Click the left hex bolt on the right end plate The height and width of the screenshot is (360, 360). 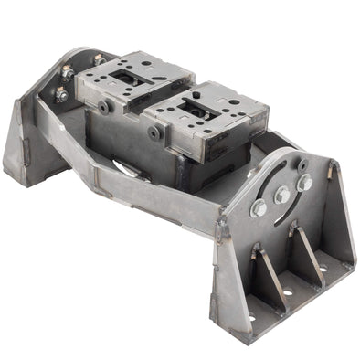[259, 209]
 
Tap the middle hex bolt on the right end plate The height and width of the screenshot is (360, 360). [282, 195]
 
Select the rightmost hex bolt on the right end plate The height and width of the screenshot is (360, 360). [304, 183]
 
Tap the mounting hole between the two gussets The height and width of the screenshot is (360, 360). [288, 293]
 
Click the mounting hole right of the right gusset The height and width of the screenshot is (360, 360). [322, 270]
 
